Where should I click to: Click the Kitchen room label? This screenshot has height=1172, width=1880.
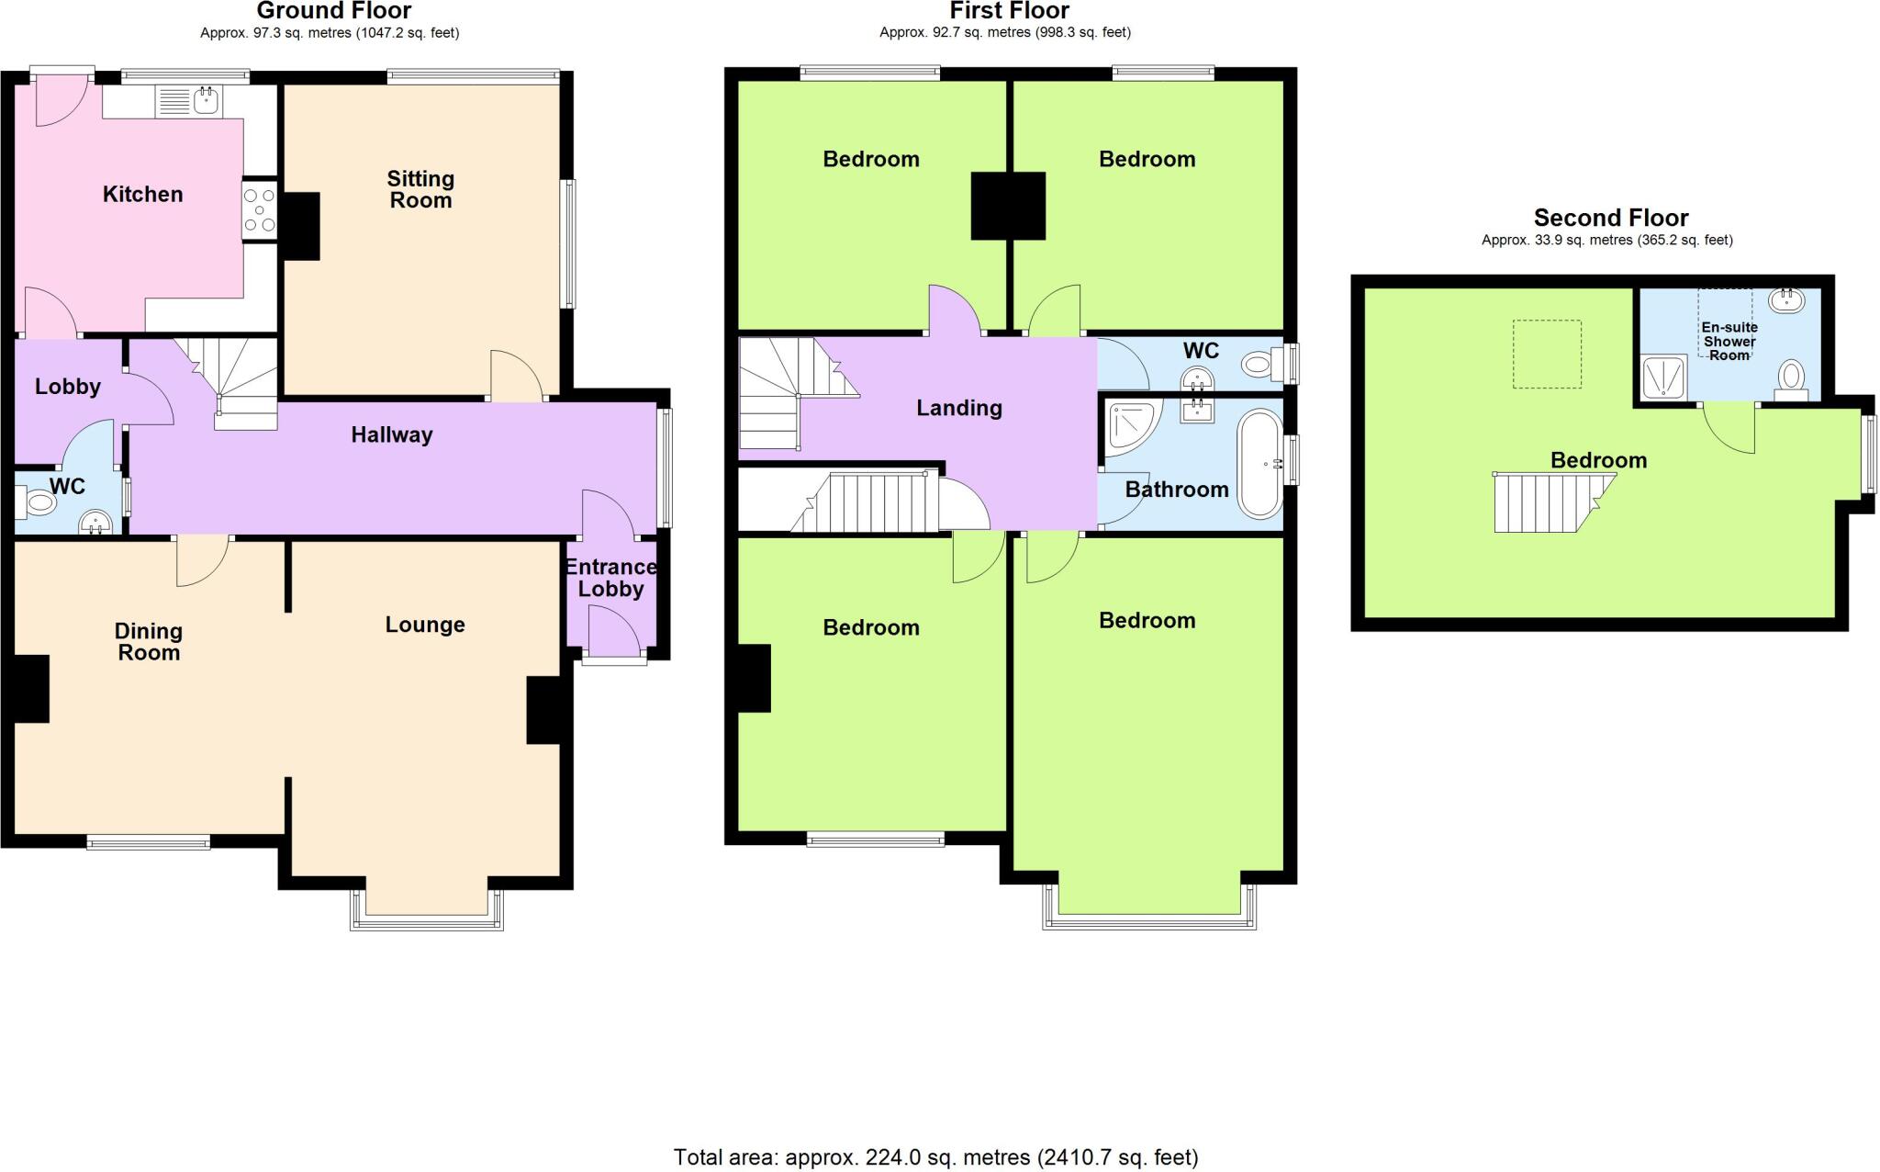click(142, 194)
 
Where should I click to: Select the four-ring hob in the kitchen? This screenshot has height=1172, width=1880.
click(260, 209)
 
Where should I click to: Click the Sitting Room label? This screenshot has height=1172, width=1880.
click(420, 189)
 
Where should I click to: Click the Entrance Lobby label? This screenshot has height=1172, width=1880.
click(610, 578)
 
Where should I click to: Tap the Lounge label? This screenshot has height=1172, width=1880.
click(425, 625)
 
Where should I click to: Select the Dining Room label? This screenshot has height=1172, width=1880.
click(148, 642)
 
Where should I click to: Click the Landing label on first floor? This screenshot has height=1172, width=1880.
click(958, 408)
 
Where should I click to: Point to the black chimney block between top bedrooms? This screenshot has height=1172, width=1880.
click(1008, 206)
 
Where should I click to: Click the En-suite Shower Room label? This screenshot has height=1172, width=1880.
click(1729, 341)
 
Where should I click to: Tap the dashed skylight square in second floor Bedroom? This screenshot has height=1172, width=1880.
click(1547, 354)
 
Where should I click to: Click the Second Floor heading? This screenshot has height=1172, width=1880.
click(1610, 218)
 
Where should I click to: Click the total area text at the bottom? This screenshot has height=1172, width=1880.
click(935, 1157)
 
